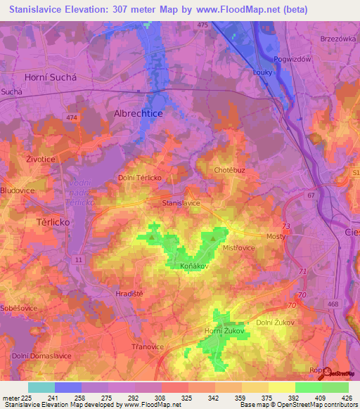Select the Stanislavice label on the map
coord(181,202)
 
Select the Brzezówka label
coord(337,39)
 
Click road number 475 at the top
coord(202,25)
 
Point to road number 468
coord(333,304)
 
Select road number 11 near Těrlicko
coord(78,261)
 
